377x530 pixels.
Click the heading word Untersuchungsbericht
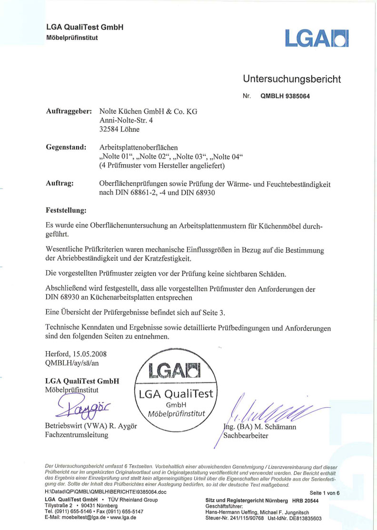tap(292, 79)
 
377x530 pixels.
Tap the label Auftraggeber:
tap(69, 111)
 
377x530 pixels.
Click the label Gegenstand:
tap(66, 147)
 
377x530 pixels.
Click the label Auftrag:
tap(60, 184)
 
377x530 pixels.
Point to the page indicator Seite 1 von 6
tap(324, 493)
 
